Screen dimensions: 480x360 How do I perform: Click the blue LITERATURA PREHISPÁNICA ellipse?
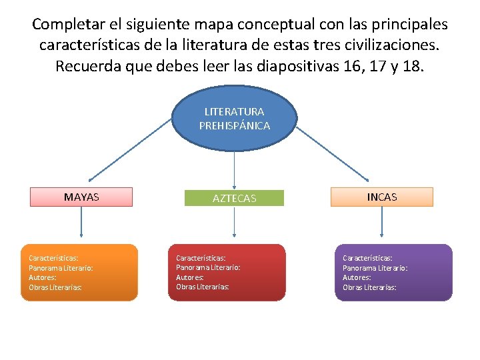(234, 119)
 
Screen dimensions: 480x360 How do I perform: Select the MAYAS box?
(81, 197)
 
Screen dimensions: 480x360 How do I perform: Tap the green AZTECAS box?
(234, 198)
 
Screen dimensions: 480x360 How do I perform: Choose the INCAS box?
(382, 197)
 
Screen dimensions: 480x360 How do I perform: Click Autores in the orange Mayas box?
(43, 277)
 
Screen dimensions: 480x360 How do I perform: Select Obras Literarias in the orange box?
(55, 287)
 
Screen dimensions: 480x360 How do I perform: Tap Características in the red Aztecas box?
(201, 257)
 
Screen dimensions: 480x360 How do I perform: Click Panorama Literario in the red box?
(208, 267)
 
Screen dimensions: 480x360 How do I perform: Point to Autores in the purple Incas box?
(357, 277)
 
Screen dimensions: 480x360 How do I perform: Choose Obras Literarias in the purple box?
(369, 287)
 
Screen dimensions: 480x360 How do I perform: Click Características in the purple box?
(367, 257)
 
